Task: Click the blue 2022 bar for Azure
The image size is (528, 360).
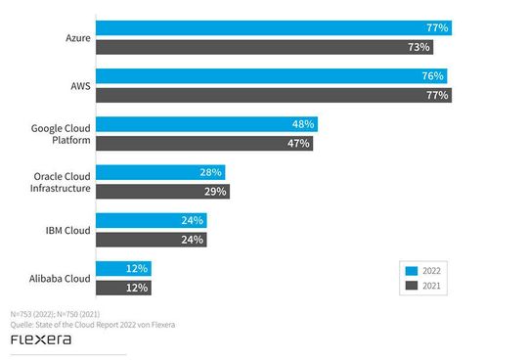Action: (273, 28)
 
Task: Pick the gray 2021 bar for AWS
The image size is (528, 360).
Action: (273, 95)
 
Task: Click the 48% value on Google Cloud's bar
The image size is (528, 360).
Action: (302, 124)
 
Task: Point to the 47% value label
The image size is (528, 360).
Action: (298, 143)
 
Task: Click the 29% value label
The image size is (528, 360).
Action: (215, 191)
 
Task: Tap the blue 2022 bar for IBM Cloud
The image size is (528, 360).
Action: (152, 220)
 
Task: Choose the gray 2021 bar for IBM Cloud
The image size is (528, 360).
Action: (152, 239)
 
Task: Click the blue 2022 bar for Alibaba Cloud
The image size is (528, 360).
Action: (123, 268)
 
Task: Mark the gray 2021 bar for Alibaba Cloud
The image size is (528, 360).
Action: (123, 287)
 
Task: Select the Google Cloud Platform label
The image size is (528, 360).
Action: (62, 134)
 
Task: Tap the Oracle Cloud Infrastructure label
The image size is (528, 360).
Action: (62, 182)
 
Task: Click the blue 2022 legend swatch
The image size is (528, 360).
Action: (412, 269)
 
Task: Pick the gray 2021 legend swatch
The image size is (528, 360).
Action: (412, 286)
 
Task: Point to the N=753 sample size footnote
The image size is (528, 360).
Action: (54, 313)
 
